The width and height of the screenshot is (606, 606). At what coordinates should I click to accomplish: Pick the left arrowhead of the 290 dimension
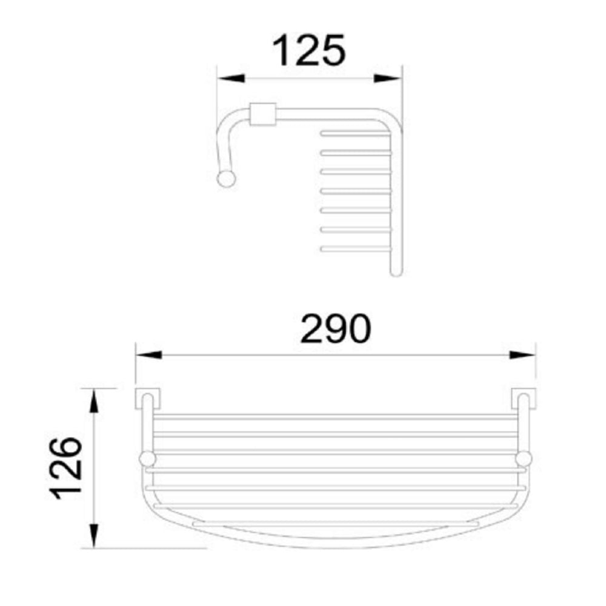148,355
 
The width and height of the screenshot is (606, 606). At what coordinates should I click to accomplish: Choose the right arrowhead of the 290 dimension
522,355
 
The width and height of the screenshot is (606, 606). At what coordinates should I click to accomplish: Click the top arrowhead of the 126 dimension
94,401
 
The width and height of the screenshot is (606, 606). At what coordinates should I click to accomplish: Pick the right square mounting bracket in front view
524,398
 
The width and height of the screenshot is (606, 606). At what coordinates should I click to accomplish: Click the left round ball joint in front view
146,459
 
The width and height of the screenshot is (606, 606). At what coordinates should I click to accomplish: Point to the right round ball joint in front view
523,459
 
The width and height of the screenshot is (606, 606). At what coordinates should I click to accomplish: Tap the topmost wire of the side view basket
355,133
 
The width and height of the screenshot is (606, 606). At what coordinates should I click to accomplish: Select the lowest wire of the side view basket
355,247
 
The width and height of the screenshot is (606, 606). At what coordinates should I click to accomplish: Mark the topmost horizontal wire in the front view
333,417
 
